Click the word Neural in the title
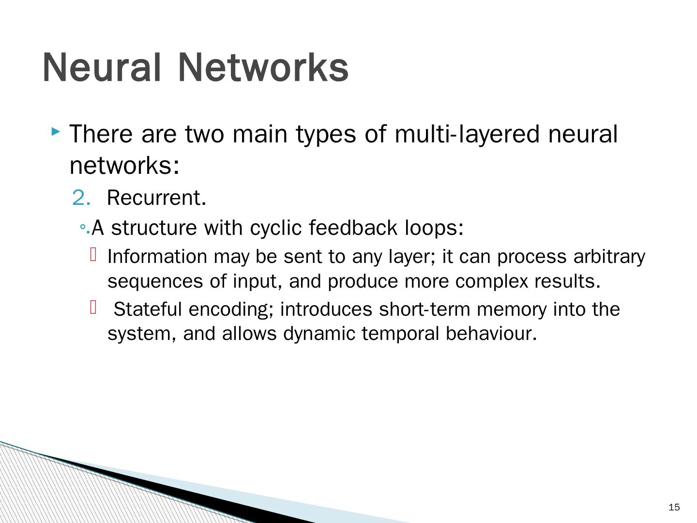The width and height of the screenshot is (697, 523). point(101,67)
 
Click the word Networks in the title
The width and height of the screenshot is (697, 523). point(263,67)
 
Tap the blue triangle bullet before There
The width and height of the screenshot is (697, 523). point(56,131)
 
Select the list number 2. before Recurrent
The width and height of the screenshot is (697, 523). point(81,198)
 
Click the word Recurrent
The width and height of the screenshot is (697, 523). point(156,198)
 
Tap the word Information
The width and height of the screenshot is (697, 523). point(157,257)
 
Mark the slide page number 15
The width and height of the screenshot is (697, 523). point(674,508)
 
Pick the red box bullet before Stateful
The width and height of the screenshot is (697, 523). point(94,307)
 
